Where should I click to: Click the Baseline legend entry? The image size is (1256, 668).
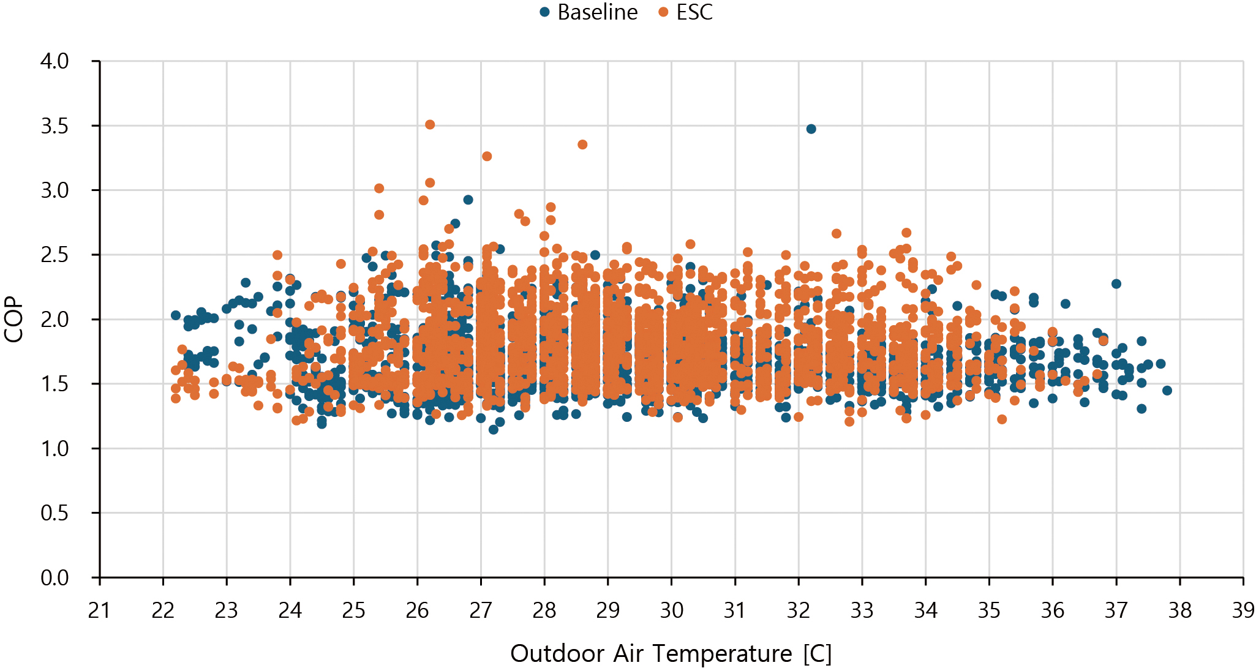[x=589, y=12]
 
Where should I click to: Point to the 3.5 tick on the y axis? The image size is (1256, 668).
[x=55, y=126]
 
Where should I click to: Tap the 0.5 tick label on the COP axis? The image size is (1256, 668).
[x=55, y=513]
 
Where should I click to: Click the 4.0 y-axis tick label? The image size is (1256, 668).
[x=55, y=61]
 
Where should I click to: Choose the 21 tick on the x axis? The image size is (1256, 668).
[x=99, y=610]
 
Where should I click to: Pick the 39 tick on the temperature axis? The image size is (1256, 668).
[x=1243, y=610]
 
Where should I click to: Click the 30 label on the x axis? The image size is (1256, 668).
[x=671, y=610]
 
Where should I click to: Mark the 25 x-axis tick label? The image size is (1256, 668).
[x=353, y=610]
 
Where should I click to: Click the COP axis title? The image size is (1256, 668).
[x=13, y=320]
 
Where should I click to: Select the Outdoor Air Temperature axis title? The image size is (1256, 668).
[x=671, y=653]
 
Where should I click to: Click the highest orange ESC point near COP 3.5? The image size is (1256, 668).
[x=430, y=124]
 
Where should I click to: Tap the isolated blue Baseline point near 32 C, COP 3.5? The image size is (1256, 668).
[x=811, y=129]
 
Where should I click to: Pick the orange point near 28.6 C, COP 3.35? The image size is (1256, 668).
[x=582, y=144]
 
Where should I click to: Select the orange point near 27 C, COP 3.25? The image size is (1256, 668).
[x=487, y=156]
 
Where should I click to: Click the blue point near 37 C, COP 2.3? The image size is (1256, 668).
[x=1116, y=283]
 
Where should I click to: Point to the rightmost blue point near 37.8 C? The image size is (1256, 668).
[x=1167, y=390]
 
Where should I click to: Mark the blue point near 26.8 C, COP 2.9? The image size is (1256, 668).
[x=468, y=200]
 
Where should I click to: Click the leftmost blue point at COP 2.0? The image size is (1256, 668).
[x=176, y=315]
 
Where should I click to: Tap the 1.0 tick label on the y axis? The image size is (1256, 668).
[x=55, y=449]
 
